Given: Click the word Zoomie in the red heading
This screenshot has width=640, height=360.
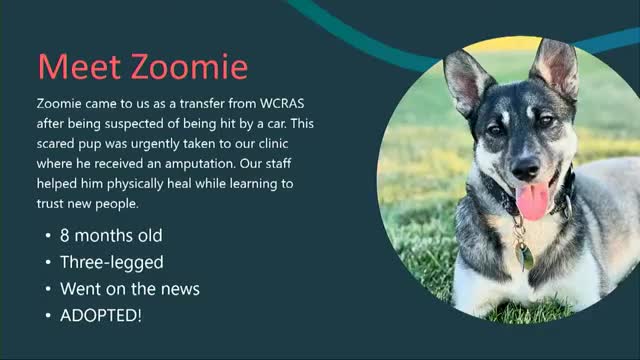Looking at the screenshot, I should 190,67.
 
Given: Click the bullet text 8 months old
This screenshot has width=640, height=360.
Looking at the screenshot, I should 110,236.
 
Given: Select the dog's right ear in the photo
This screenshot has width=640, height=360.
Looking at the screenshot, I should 556,65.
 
